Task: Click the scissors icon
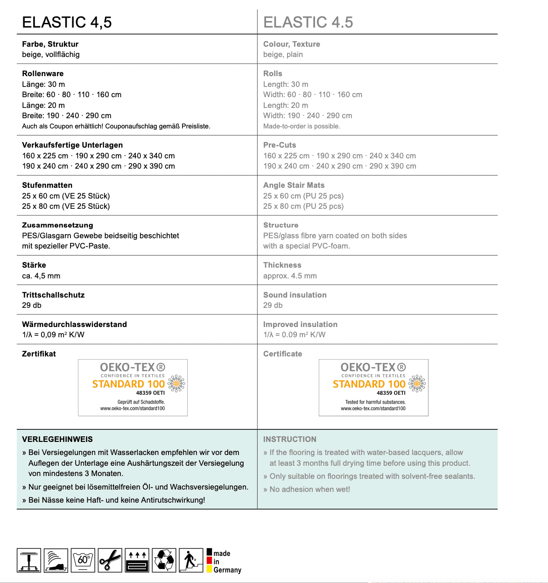click(110, 560)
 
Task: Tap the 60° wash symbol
click(83, 560)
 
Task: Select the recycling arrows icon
click(164, 560)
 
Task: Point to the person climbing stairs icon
click(191, 560)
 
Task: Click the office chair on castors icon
click(29, 560)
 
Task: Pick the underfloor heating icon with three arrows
click(137, 560)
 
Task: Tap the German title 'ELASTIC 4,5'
click(67, 22)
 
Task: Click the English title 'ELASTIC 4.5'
click(308, 22)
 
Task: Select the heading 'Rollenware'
click(43, 73)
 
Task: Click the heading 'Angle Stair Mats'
click(294, 185)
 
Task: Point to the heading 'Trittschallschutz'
click(53, 295)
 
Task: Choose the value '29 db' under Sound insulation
click(273, 305)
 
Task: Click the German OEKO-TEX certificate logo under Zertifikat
click(133, 387)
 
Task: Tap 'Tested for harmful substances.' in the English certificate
click(375, 402)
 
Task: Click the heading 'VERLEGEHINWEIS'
click(57, 439)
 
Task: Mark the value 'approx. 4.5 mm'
click(290, 276)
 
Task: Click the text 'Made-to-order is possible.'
click(302, 126)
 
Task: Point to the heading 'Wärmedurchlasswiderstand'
click(74, 324)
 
